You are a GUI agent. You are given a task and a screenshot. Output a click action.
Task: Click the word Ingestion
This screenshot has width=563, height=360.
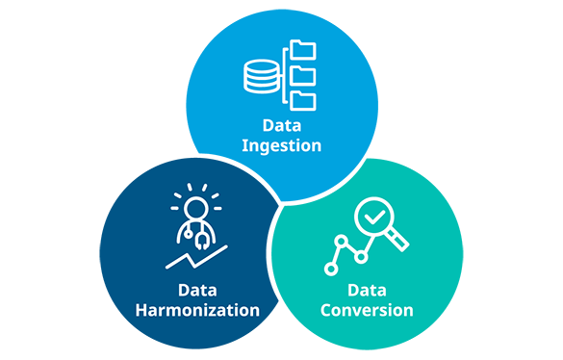coord(281,146)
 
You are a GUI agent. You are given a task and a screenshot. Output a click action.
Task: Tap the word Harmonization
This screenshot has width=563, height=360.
coord(197,310)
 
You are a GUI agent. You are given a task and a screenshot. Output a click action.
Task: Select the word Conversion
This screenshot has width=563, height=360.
coord(367,310)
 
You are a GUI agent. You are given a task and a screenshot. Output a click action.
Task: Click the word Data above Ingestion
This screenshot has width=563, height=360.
coord(282,125)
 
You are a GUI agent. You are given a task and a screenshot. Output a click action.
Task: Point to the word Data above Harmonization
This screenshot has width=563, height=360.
coord(197,291)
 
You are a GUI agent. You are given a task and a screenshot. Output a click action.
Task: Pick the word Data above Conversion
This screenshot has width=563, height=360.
coord(367,291)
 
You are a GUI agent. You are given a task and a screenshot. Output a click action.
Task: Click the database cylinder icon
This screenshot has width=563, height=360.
coord(262,77)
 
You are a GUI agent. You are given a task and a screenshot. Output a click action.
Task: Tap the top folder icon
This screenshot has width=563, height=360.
coord(303,50)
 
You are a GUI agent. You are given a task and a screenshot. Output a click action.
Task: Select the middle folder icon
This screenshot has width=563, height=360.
coord(303,76)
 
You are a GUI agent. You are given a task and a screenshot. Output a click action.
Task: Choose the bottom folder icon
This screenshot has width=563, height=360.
coord(303,101)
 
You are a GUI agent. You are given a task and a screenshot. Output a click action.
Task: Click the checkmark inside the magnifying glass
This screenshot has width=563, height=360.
coord(374,217)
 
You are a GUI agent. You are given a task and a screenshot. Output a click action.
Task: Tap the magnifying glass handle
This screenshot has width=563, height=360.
coord(397,240)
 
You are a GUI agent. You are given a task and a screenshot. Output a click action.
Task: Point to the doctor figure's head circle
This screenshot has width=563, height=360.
coord(196,208)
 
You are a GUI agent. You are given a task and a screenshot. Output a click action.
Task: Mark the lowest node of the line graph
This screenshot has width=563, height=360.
coord(331,270)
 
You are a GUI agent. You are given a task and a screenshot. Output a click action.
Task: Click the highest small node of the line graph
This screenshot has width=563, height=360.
coord(341,241)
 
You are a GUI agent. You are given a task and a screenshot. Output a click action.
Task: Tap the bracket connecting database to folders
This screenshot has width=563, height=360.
coord(285,75)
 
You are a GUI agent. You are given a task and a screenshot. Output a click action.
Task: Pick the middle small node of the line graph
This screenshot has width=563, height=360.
coord(361,257)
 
